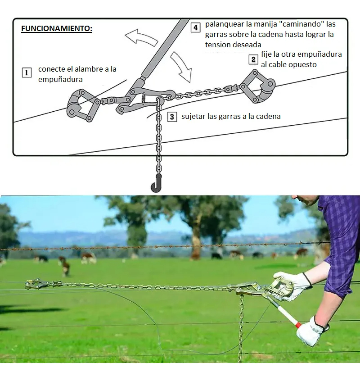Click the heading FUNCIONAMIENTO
coord(57,28)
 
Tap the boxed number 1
coord(27,73)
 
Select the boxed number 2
coord(253,59)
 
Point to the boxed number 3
coord(172,117)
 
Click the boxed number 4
coord(195,27)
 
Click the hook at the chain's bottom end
coord(156,183)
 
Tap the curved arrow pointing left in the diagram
coord(141,37)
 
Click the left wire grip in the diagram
coord(82,105)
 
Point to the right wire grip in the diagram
coord(257,86)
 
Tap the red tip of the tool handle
coord(298,325)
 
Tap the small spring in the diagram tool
coord(143,99)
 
